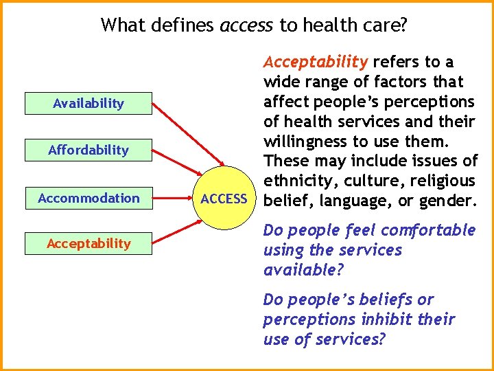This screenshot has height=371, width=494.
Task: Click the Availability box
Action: point(89,104)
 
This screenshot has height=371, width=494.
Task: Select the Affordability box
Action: point(89,150)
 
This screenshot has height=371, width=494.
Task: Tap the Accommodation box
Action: point(89,199)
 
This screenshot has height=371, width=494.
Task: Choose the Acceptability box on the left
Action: point(89,243)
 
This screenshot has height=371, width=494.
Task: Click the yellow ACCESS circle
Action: point(224,199)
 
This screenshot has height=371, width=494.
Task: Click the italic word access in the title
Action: point(246,26)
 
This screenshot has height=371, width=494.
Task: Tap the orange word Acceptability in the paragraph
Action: point(316,62)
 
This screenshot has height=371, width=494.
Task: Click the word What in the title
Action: point(123,26)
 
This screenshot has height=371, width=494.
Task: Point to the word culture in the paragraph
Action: point(370,181)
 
